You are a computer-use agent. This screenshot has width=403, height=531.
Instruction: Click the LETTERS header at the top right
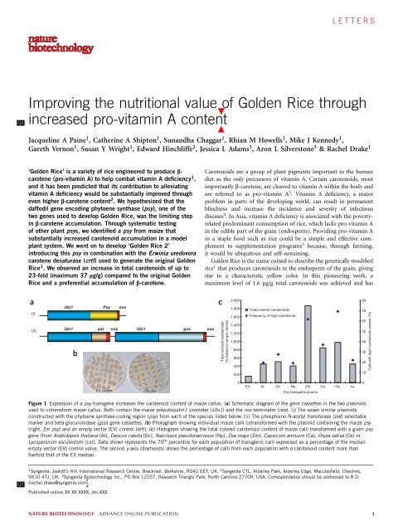365,17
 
